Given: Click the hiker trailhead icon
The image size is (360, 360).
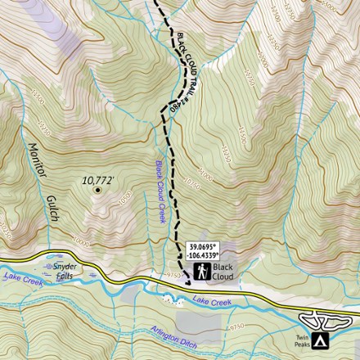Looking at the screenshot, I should point(200,271).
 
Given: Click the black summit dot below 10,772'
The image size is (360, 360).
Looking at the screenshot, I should point(97,190).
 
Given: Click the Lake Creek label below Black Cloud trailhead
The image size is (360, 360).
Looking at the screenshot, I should point(211,302).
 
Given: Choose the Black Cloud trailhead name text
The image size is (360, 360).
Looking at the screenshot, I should point(223,272).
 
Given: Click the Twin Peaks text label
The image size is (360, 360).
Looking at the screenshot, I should point(302,340).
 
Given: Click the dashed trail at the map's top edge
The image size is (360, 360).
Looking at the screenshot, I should point(155,3).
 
